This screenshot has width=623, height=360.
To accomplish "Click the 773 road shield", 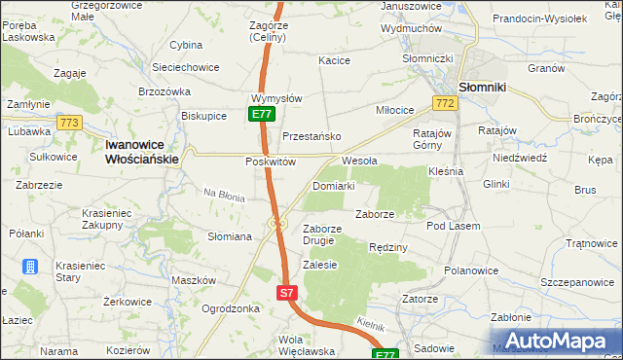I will click(x=68, y=123).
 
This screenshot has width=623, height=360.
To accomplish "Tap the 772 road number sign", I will click(x=446, y=103).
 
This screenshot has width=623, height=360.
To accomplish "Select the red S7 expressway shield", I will click(x=285, y=292).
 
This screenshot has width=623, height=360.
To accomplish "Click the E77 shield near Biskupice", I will click(x=260, y=114).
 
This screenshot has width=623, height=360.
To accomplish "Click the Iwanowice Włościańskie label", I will click(x=141, y=151).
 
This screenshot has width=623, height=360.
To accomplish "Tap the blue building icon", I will click(x=30, y=266).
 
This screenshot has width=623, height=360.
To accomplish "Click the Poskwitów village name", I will click(x=270, y=162).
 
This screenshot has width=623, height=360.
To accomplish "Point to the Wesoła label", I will click(x=359, y=161).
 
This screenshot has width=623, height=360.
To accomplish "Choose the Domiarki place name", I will click(x=334, y=185).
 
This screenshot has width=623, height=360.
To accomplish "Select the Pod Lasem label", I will click(x=453, y=226).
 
